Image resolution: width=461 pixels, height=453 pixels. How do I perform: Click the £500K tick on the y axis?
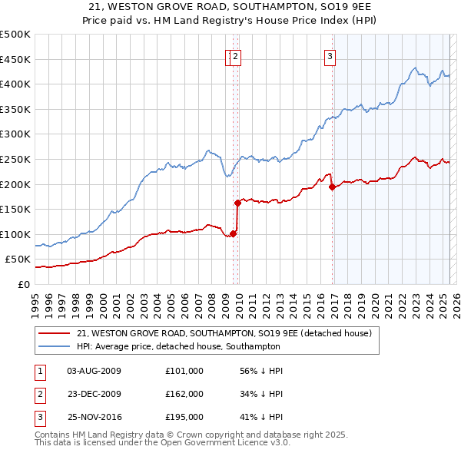(15, 35)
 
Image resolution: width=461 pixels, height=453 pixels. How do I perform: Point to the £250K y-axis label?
(15, 159)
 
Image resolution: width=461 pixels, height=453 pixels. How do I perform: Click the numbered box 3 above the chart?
(330, 55)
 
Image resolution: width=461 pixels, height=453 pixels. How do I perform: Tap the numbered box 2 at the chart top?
(236, 55)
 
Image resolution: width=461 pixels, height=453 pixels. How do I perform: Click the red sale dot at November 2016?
(332, 187)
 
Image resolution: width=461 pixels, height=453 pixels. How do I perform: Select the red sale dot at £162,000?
(238, 203)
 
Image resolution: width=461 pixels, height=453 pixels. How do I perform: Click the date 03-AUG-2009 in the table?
(94, 371)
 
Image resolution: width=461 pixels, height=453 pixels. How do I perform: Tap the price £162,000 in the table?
(184, 394)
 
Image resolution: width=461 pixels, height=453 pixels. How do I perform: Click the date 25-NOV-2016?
(95, 417)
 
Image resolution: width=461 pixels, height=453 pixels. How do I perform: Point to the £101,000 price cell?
(184, 371)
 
